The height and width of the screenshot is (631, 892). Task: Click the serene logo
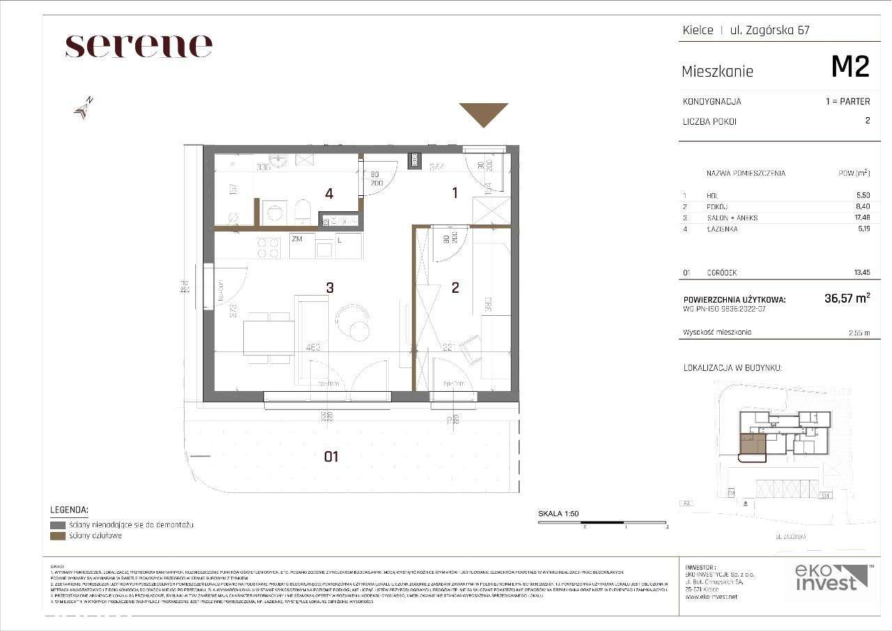tap(139, 46)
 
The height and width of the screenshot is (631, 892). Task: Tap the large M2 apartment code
tap(850, 67)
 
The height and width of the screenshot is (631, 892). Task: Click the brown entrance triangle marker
tap(484, 114)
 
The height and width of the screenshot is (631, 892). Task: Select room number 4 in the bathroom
tap(329, 193)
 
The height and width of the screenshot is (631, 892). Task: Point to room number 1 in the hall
tap(455, 193)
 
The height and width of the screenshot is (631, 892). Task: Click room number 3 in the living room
tap(330, 287)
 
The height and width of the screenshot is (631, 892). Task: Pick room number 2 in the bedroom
tap(455, 287)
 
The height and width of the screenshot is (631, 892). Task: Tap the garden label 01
tap(331, 457)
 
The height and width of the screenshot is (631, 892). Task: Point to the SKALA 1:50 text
tap(558, 514)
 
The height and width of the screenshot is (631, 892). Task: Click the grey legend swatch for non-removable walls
tap(58, 524)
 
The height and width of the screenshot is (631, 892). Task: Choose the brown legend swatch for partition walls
tap(58, 535)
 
